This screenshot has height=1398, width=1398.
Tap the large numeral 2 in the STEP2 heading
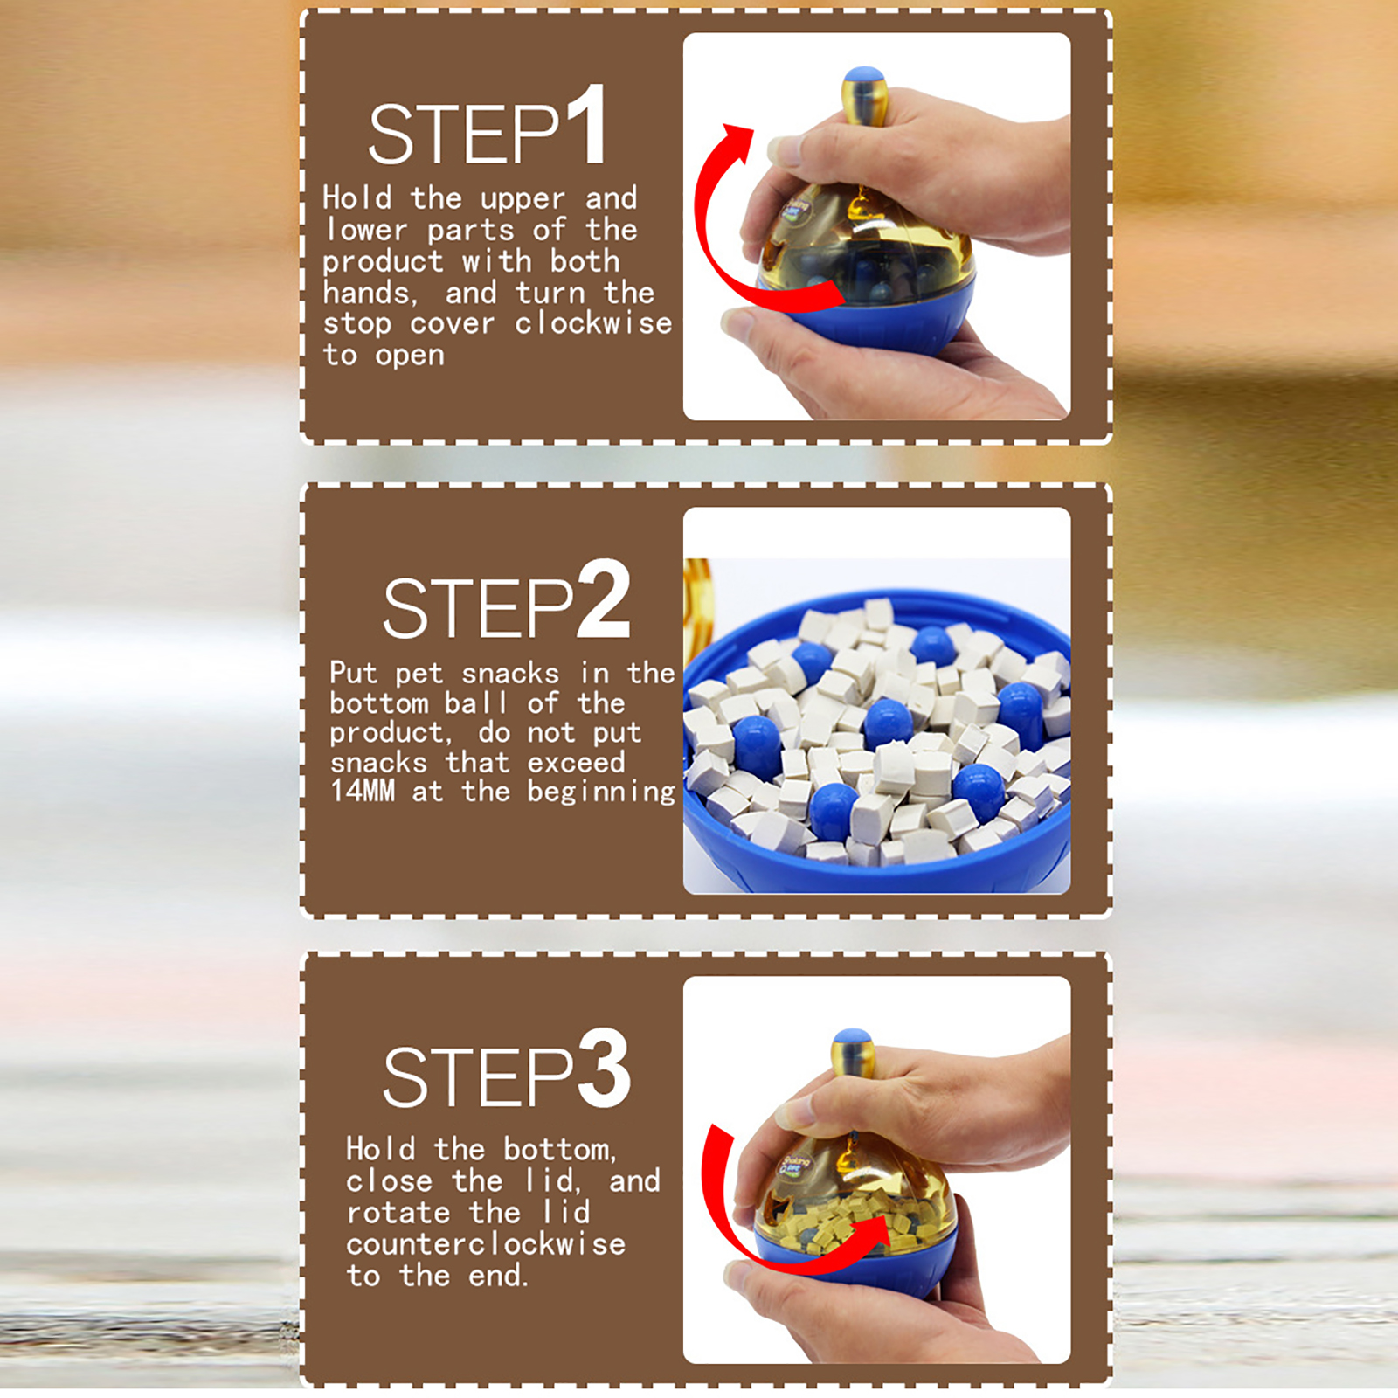tap(604, 599)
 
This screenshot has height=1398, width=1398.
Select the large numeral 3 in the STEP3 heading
tap(604, 1068)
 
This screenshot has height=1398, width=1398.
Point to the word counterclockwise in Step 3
tap(486, 1242)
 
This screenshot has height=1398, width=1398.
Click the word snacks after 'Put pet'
tap(510, 674)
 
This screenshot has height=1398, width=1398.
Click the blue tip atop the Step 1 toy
tap(864, 76)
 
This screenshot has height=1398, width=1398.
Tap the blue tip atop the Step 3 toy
tap(853, 1039)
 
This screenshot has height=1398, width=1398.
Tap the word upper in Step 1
tap(523, 199)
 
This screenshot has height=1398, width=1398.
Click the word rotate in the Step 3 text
tap(398, 1212)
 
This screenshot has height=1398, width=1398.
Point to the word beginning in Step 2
tap(602, 792)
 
